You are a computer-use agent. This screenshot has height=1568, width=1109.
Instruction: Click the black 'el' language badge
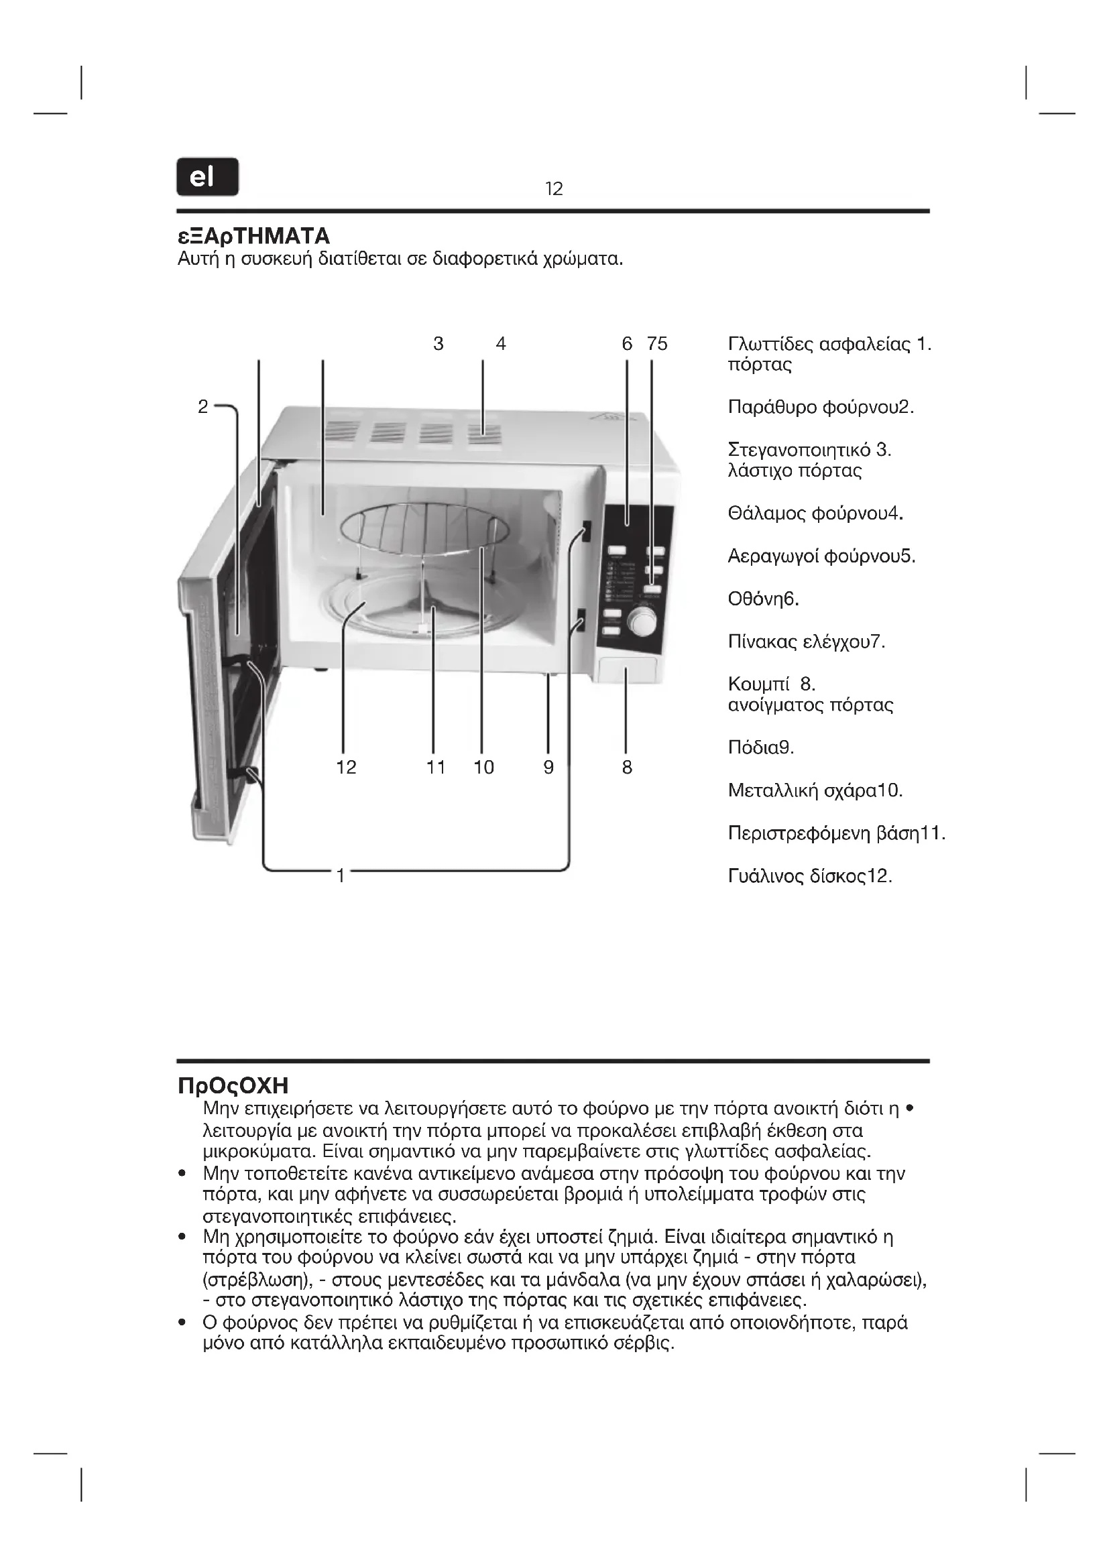[208, 177]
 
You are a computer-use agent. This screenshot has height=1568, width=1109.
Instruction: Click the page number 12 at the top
[554, 188]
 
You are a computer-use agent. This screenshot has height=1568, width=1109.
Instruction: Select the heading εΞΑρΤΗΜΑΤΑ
[253, 236]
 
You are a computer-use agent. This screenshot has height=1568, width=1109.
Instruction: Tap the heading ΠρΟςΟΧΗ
[233, 1085]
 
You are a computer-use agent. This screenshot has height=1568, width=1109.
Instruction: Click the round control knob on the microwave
[642, 622]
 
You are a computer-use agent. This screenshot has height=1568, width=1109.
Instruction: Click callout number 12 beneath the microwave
[346, 768]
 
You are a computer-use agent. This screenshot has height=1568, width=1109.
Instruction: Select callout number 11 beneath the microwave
[436, 768]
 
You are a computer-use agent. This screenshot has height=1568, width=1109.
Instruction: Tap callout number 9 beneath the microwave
[548, 768]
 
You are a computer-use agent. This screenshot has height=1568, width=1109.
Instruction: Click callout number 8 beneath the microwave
[627, 768]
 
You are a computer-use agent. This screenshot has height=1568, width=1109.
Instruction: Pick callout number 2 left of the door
[202, 406]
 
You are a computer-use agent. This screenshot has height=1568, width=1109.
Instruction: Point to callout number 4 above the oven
[501, 343]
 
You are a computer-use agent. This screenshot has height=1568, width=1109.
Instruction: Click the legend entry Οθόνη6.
[763, 599]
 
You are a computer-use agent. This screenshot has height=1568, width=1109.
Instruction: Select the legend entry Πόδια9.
[761, 748]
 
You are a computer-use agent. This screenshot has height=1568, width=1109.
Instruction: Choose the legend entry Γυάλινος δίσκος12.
[810, 876]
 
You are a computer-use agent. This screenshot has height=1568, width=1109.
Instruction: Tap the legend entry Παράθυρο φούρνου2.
[821, 407]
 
